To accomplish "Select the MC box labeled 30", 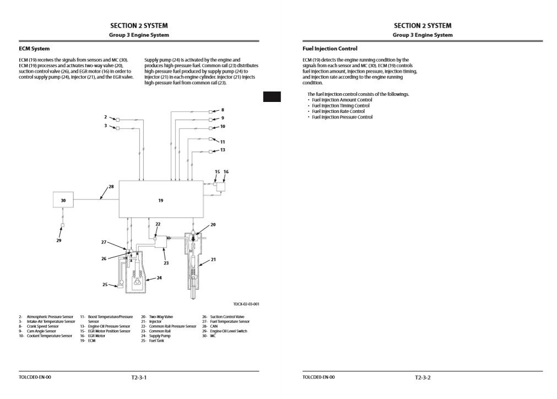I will click(63, 201).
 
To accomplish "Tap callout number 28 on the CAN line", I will click(111, 187).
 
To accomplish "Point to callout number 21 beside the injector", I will click(214, 259).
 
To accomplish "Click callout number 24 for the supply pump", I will click(159, 278).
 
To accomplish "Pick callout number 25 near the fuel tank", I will click(105, 284).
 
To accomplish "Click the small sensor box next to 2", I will click(117, 119).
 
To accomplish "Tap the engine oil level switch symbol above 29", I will click(62, 226).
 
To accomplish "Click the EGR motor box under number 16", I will click(221, 186).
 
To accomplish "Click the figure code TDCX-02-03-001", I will click(246, 304).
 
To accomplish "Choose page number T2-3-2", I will click(423, 378).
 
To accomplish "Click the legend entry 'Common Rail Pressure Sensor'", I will click(172, 326).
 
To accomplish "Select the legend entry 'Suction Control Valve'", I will click(227, 317).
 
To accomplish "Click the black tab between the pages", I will click(272, 97).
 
